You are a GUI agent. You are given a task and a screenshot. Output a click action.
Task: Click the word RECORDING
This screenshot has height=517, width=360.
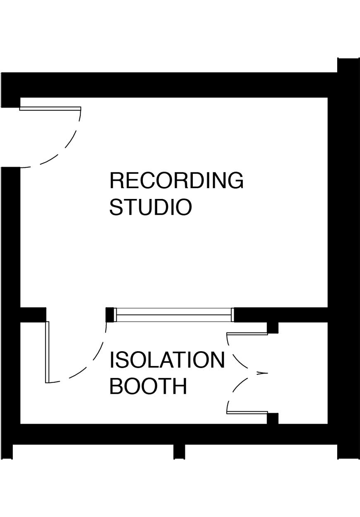(x=176, y=181)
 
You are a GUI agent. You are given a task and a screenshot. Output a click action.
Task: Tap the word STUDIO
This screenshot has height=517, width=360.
(x=151, y=208)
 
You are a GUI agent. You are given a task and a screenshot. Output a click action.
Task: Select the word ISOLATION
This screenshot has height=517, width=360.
(x=167, y=360)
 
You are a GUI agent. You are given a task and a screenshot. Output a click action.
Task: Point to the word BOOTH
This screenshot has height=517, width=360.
(x=148, y=386)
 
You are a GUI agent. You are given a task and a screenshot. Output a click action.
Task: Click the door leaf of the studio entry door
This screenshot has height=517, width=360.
(x=50, y=109)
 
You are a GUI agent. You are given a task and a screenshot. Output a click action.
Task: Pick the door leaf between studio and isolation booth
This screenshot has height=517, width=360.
(x=47, y=352)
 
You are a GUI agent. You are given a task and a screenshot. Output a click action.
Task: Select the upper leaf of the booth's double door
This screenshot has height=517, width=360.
(x=247, y=333)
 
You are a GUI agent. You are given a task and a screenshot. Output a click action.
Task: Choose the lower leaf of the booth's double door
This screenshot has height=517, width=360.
(x=247, y=412)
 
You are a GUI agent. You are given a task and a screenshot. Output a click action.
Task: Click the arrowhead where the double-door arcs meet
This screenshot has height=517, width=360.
(x=261, y=373)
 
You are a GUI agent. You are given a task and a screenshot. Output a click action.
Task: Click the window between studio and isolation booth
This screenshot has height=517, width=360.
(x=173, y=315)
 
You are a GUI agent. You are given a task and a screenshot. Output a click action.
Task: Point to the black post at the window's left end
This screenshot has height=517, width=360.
(x=110, y=315)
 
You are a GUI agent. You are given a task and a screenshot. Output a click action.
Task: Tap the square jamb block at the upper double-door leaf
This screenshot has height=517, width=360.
(x=272, y=328)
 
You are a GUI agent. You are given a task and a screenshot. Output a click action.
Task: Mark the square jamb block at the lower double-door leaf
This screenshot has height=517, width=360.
(x=272, y=418)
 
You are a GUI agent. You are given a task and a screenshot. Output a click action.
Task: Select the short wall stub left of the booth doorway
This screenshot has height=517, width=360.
(x=33, y=314)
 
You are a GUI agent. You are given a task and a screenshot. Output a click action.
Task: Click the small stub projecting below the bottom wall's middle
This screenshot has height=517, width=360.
(x=179, y=451)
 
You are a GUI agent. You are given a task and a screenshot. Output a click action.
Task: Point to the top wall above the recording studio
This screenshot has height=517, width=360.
(x=174, y=85)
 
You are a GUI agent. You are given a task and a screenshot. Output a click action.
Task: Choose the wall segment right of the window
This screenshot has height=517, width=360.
(x=281, y=314)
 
